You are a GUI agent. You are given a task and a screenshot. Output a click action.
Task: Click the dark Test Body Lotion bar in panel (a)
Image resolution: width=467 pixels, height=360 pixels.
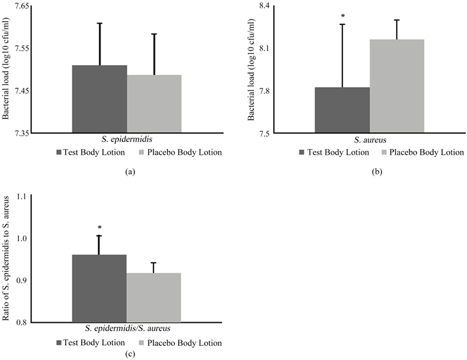pyautogui.click(x=99, y=99)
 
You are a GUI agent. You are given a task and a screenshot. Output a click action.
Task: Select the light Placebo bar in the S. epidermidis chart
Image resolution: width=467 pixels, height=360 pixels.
pyautogui.click(x=154, y=104)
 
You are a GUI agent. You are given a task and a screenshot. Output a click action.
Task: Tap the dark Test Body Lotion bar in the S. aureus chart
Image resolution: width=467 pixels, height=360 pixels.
pyautogui.click(x=342, y=110)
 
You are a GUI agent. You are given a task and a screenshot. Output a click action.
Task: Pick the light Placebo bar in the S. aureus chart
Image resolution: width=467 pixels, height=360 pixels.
pyautogui.click(x=397, y=86)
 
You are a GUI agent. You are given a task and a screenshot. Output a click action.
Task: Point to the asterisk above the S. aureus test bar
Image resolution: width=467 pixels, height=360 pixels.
pyautogui.click(x=343, y=16)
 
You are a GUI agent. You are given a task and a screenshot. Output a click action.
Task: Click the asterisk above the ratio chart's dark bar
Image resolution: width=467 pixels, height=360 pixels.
pyautogui.click(x=99, y=227)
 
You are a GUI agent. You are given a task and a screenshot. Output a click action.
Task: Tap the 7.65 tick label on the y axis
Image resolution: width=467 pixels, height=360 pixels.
pyautogui.click(x=22, y=6)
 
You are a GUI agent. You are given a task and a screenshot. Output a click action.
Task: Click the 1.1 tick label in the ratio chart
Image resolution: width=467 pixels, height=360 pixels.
pyautogui.click(x=24, y=196)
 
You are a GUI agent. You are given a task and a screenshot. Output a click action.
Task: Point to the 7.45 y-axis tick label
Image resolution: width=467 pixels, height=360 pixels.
pyautogui.click(x=22, y=91)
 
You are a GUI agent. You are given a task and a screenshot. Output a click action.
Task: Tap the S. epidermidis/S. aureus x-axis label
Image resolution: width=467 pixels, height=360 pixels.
pyautogui.click(x=126, y=329)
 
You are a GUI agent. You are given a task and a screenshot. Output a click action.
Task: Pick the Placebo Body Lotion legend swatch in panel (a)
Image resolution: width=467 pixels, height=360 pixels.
pyautogui.click(x=142, y=153)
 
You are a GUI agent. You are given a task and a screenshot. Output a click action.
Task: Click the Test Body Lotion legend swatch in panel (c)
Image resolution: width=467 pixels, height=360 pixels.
pyautogui.click(x=59, y=343)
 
